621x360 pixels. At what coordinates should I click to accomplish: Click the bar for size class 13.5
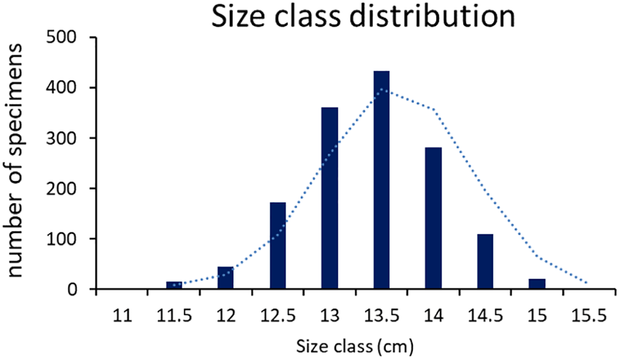[382, 180]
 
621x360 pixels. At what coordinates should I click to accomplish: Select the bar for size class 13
[330, 198]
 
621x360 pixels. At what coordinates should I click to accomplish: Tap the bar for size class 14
[433, 218]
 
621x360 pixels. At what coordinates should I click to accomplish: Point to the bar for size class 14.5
[485, 262]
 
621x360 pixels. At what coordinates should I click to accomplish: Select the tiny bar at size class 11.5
[174, 285]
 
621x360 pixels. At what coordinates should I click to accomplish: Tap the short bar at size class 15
[537, 284]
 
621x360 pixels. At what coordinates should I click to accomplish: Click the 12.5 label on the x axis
[278, 317]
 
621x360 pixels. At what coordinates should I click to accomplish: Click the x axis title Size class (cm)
[355, 347]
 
